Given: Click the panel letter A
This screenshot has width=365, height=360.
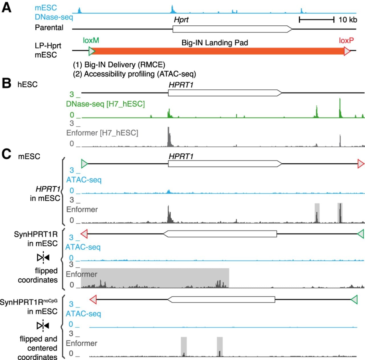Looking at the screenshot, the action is [7, 8].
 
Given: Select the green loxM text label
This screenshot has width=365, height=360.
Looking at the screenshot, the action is [91, 40].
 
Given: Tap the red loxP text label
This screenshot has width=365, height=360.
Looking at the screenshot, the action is [346, 40].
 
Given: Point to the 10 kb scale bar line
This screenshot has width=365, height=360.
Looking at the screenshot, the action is [317, 19].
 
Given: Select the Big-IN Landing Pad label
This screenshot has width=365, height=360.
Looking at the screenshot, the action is [215, 43].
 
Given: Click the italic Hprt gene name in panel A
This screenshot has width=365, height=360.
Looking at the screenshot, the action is [181, 20].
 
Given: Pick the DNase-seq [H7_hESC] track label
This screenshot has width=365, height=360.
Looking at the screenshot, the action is [105, 104].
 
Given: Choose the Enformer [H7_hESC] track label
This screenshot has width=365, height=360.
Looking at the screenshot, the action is [102, 133].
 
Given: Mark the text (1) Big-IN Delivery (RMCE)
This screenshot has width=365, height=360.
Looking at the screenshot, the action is [119, 65].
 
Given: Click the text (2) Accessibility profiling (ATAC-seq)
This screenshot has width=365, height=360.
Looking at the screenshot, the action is [135, 74].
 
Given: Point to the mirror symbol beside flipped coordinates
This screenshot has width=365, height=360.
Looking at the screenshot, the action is [43, 258].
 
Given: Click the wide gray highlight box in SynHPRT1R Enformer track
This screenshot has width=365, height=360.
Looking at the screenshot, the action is [155, 278].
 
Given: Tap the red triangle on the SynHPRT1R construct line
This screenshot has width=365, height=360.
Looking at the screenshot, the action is [84, 234].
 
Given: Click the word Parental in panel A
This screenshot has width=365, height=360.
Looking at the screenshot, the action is [49, 28].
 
